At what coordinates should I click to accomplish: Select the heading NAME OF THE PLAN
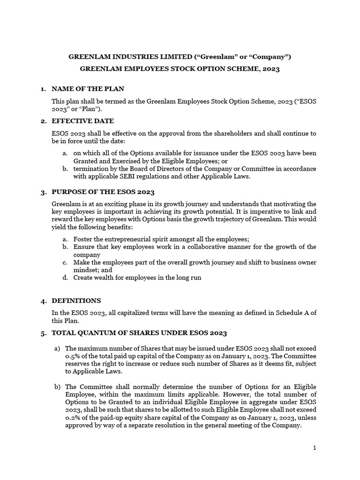[x=88, y=89]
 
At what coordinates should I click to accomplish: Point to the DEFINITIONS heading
[x=76, y=300]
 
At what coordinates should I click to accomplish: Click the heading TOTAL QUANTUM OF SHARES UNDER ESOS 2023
[x=139, y=333]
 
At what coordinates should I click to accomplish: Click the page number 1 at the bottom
[x=315, y=448]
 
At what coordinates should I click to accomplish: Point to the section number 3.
[x=43, y=192]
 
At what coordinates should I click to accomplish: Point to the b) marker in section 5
[x=57, y=387]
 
